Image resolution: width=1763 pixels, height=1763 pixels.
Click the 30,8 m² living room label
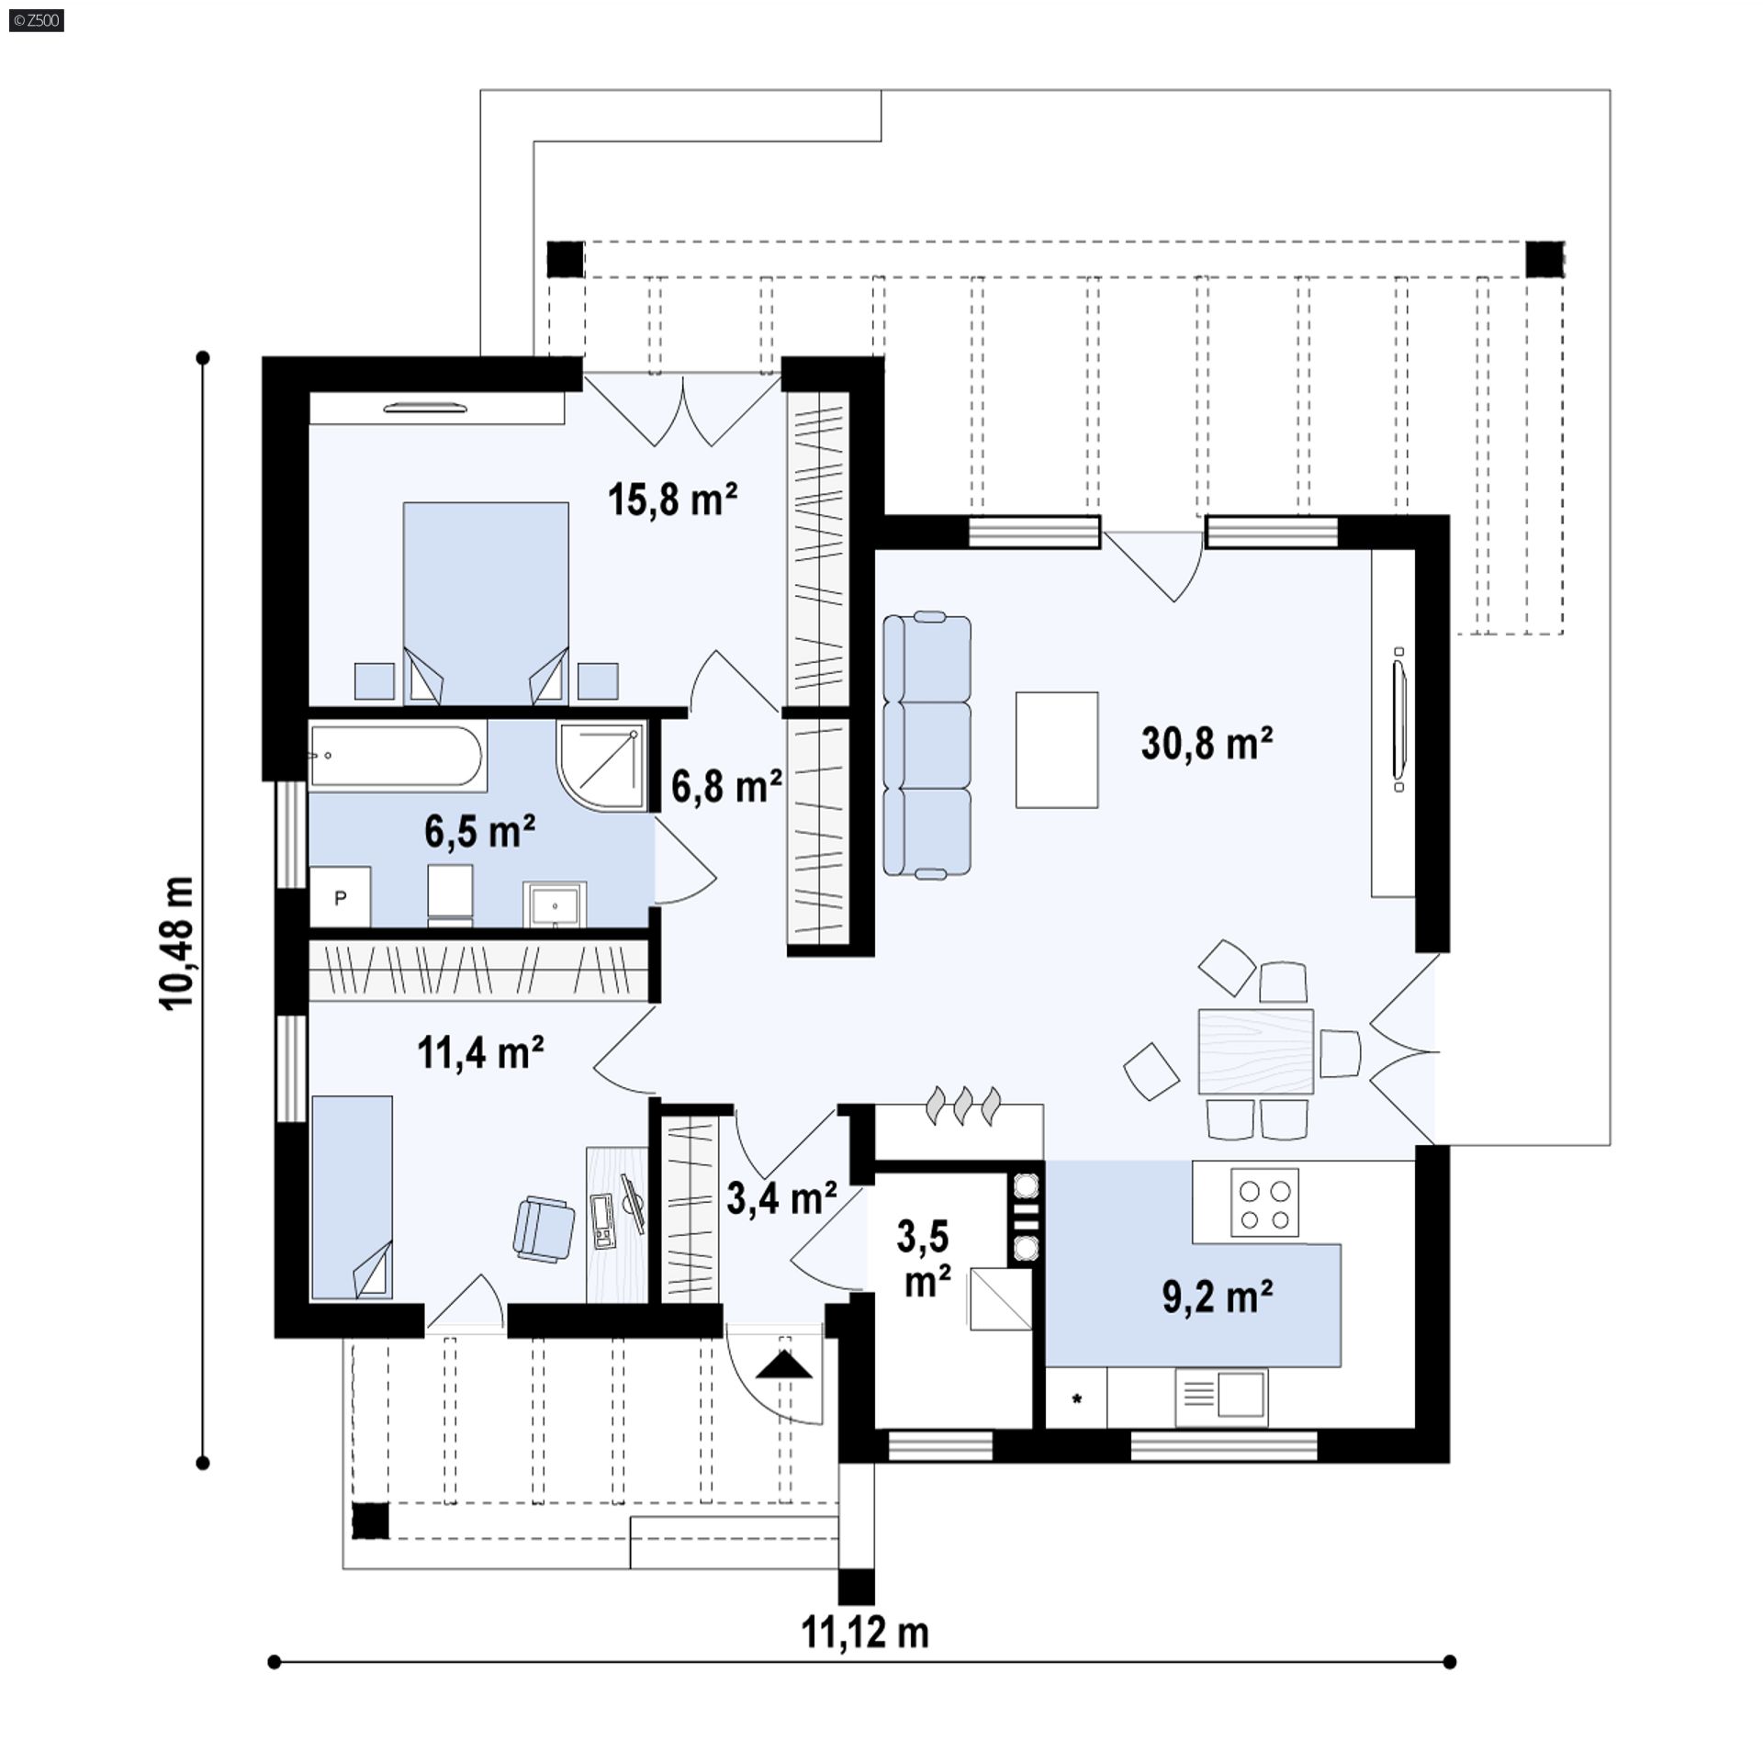(x=1207, y=742)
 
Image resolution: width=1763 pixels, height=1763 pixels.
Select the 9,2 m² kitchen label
(x=1218, y=1297)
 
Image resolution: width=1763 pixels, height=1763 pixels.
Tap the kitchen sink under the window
(x=1221, y=1398)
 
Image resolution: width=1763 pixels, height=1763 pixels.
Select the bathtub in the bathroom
(x=397, y=756)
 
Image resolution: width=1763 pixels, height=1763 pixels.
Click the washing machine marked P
(x=340, y=897)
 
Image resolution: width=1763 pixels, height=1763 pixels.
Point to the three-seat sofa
(x=926, y=745)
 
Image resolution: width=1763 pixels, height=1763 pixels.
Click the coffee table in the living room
(x=1057, y=749)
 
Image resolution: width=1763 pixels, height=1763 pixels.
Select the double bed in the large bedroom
(x=486, y=603)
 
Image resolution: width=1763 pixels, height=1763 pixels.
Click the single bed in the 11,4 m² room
(x=352, y=1197)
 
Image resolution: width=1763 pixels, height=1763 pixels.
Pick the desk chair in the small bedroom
(x=545, y=1228)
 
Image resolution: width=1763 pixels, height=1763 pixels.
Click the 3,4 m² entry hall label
(x=781, y=1198)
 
